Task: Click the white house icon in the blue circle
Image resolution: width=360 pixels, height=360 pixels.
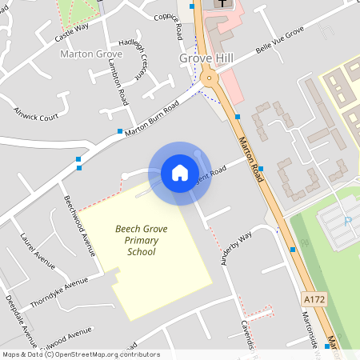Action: point(180,173)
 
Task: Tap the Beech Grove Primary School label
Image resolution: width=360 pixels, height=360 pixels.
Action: point(141,240)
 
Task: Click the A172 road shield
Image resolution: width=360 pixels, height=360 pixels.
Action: point(314,298)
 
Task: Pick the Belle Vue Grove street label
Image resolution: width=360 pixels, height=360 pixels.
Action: point(281,39)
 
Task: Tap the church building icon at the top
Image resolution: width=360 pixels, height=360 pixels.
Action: point(219,4)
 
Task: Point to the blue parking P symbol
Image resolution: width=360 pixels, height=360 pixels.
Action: point(347,221)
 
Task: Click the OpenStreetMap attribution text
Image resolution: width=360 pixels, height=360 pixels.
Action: point(80,354)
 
